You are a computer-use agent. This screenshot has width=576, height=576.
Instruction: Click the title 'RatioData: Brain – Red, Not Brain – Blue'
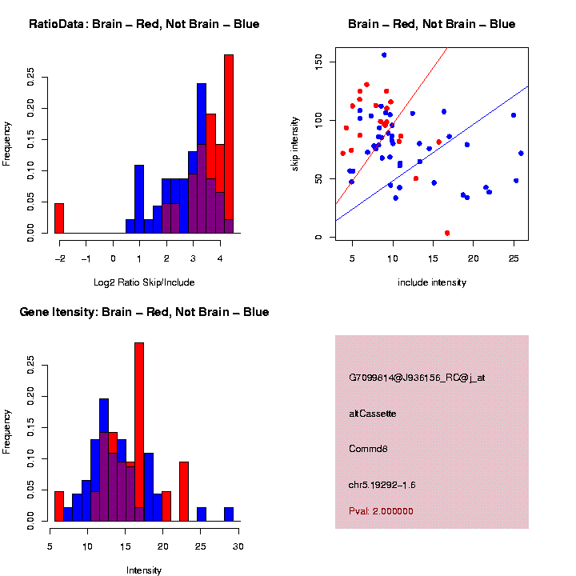pyautogui.click(x=144, y=24)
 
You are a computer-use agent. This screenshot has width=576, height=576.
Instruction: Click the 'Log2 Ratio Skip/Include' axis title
pyautogui.click(x=145, y=282)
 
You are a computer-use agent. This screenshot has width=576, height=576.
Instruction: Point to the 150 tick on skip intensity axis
pyautogui.click(x=318, y=61)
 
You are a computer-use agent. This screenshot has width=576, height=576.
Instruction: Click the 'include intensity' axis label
pyautogui.click(x=431, y=282)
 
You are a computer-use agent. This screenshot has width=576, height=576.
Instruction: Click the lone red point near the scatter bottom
pyautogui.click(x=446, y=233)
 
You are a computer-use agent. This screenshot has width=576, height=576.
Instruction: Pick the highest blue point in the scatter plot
pyautogui.click(x=384, y=55)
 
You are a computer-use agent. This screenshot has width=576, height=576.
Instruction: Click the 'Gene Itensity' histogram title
pyautogui.click(x=144, y=312)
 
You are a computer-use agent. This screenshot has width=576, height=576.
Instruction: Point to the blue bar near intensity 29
pyautogui.click(x=229, y=514)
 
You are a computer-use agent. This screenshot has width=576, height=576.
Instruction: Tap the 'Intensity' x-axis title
pyautogui.click(x=144, y=570)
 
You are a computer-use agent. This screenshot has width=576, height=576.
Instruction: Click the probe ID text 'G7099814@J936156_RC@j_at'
pyautogui.click(x=417, y=377)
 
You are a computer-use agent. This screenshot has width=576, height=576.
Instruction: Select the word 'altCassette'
pyautogui.click(x=372, y=414)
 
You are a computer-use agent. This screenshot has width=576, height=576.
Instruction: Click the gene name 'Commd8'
pyautogui.click(x=368, y=449)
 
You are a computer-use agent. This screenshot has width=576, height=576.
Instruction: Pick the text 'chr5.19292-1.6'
pyautogui.click(x=382, y=485)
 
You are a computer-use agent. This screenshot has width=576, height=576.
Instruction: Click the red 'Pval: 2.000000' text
pyautogui.click(x=381, y=510)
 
